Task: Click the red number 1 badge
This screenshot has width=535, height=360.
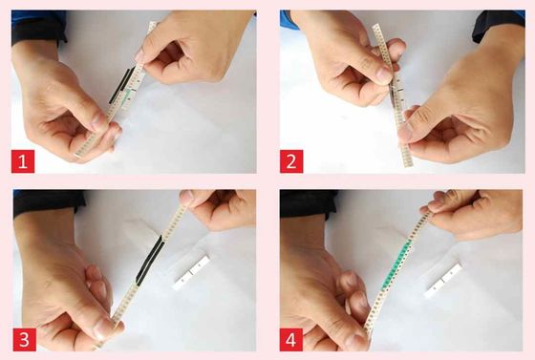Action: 23,161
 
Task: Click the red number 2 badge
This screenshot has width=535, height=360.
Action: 291,161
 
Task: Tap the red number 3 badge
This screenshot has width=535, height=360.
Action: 25,340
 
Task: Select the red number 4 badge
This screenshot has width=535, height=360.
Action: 291,340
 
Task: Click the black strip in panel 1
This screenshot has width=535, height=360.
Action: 121,85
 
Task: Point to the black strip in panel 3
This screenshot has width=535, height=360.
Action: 149,260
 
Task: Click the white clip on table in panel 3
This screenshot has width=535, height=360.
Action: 190,273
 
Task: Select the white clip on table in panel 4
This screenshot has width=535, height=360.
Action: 443,280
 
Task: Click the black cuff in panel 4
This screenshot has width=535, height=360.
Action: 308,203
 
